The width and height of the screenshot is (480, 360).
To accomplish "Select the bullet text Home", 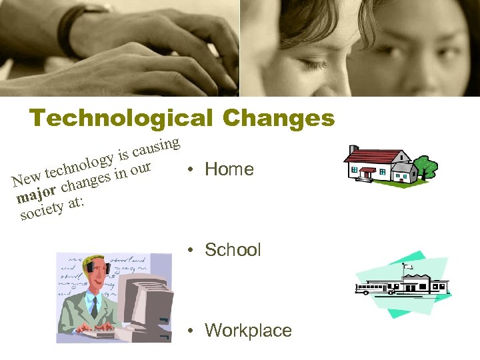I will coord(229,169).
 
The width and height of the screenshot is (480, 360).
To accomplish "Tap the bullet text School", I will coord(233,250).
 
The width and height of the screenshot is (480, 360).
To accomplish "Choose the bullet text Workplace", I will coord(248,331).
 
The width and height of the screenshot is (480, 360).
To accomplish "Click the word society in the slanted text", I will coord(41,211).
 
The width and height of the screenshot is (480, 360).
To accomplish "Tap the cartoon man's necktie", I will coord(95,307).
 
